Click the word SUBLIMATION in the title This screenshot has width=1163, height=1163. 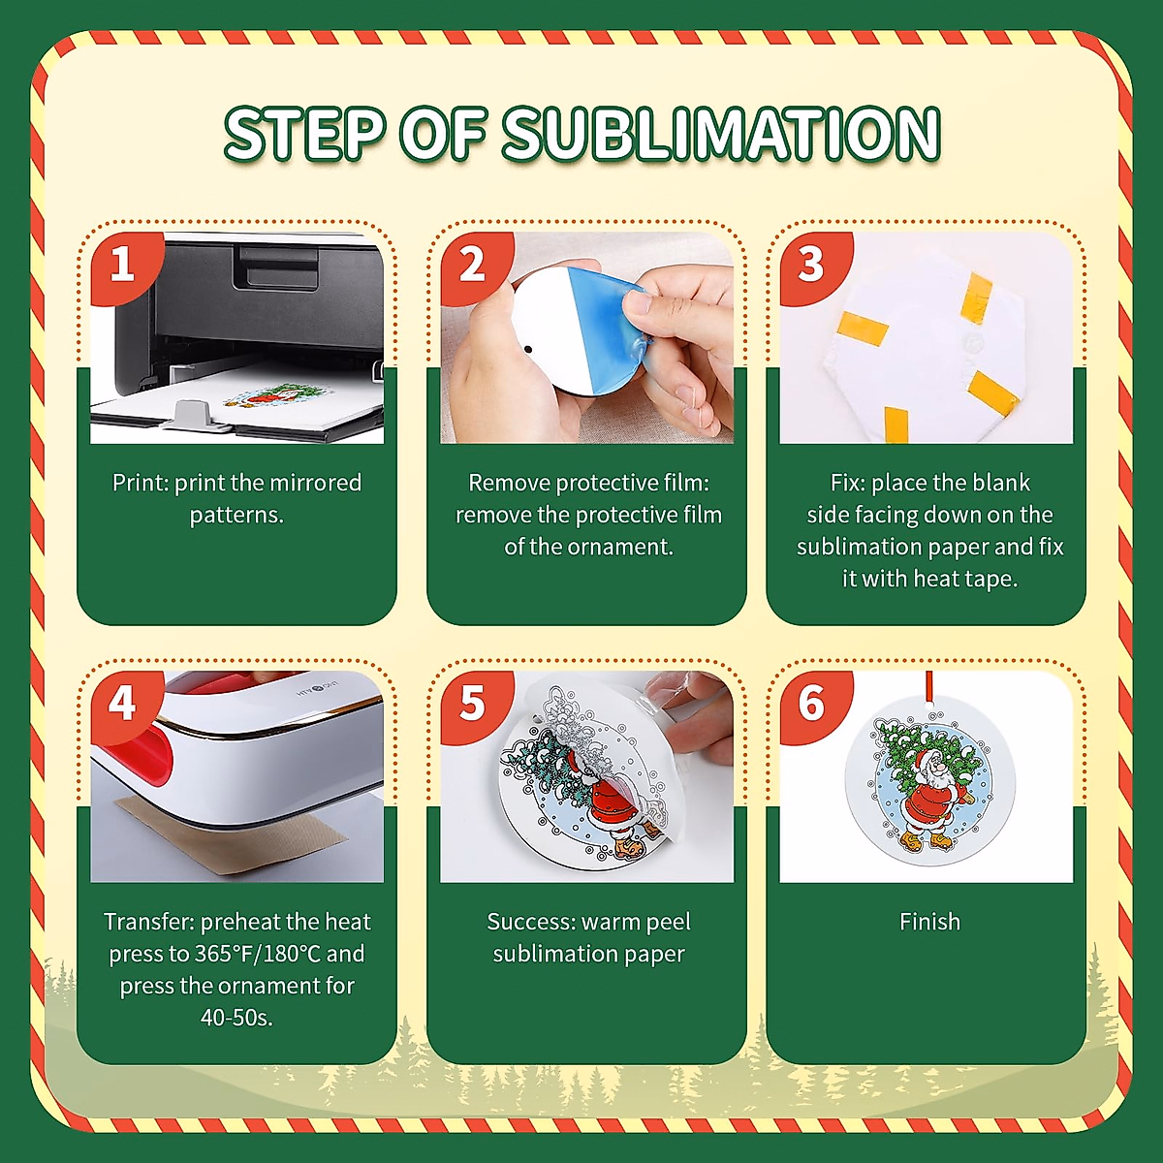721,134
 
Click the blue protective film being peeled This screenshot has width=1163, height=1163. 613,329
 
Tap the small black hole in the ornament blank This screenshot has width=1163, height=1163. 529,349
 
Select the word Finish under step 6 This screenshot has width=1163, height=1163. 929,922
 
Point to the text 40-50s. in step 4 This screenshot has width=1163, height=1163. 236,1018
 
